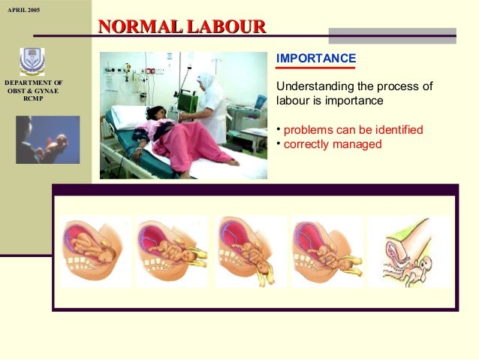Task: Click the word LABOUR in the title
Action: coord(227,27)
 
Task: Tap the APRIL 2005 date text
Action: coord(23,10)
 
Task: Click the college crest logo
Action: coord(33,61)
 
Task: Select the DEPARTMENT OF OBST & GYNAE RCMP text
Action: coord(34,90)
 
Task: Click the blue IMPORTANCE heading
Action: coord(316,59)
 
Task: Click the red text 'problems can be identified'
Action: coord(353,129)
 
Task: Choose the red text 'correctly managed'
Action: coord(333,144)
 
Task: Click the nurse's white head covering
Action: coord(208,82)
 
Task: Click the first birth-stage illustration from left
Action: coord(95,251)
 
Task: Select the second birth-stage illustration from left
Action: coord(172,251)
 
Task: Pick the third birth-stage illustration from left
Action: coord(250,251)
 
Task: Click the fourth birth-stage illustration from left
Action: coord(327,251)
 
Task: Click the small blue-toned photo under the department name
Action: coord(47,140)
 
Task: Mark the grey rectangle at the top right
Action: coord(392,35)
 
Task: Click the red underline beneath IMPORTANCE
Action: coord(316,68)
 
